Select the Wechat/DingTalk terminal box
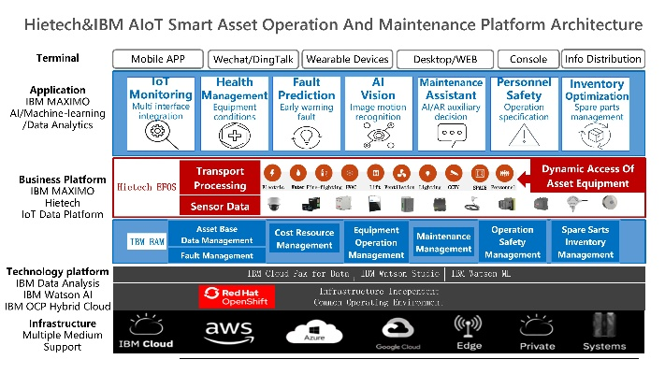pos(252,59)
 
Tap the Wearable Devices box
pos(347,59)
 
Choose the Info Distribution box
pos(601,59)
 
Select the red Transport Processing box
pos(220,178)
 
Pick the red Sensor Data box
pos(220,207)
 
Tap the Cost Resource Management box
pos(304,238)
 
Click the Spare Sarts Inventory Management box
pos(585,241)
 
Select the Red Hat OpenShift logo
pos(237,296)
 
